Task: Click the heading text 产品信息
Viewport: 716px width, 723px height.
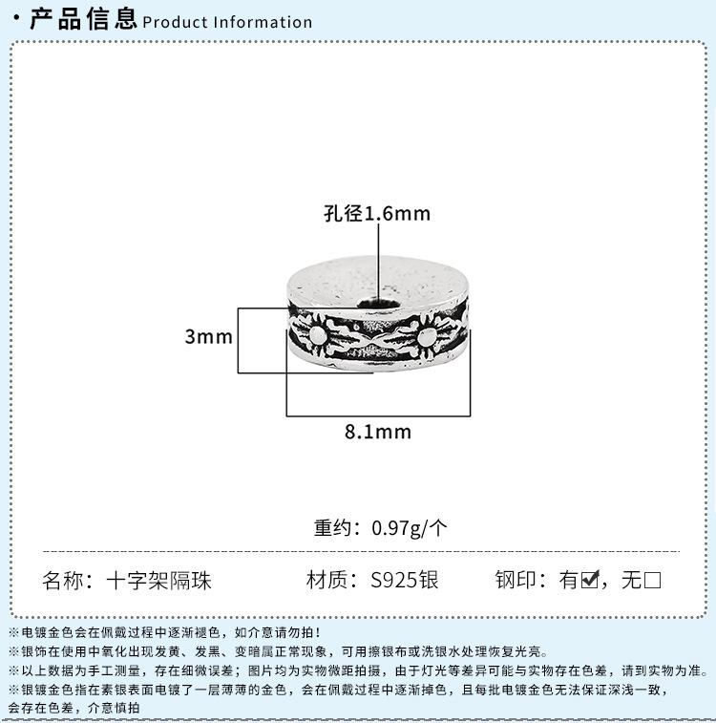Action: (x=83, y=19)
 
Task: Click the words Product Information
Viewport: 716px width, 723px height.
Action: (x=227, y=22)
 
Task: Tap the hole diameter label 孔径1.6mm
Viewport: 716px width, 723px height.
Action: (x=377, y=214)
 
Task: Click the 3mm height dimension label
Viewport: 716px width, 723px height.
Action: (x=209, y=336)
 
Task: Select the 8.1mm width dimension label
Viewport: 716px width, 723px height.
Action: (x=378, y=432)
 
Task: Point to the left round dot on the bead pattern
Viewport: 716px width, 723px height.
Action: (x=317, y=335)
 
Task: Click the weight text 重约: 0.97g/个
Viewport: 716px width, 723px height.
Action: (x=380, y=528)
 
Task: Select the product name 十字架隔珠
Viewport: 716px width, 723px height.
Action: (x=159, y=581)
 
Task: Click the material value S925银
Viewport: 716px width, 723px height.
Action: (x=405, y=580)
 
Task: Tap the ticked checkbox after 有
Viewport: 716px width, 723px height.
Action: (x=590, y=579)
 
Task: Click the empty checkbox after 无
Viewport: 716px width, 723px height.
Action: (x=652, y=580)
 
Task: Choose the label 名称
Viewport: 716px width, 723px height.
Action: (x=63, y=581)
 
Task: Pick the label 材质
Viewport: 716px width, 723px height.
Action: (x=326, y=580)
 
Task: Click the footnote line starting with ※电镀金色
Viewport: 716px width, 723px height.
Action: (x=165, y=632)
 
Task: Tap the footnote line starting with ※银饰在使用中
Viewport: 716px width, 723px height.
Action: (x=279, y=651)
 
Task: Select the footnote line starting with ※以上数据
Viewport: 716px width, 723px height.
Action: (x=358, y=670)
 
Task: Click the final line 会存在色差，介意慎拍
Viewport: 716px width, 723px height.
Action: (x=74, y=708)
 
